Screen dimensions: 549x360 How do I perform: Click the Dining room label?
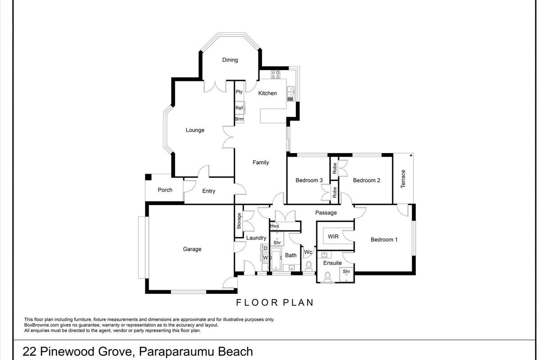(230, 60)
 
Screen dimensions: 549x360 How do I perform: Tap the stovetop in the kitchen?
(276, 74)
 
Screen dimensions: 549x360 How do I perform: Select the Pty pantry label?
(239, 92)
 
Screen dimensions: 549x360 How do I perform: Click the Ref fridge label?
(239, 108)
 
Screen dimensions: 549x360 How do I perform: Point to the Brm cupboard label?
(239, 119)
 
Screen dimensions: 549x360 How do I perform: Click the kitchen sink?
(290, 94)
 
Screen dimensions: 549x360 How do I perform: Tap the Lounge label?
(195, 130)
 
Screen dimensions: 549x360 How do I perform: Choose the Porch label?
(165, 190)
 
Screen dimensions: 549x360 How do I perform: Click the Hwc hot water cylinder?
(275, 226)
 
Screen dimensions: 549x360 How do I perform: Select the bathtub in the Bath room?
(276, 260)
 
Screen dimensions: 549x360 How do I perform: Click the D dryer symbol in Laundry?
(265, 248)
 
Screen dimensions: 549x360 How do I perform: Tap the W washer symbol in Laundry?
(265, 258)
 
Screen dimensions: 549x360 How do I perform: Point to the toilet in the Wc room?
(309, 266)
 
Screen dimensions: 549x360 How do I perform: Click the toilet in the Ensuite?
(327, 277)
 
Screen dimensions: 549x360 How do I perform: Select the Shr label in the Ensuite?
(346, 271)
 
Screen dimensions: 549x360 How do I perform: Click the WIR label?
(333, 237)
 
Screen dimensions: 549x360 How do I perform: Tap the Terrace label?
(403, 179)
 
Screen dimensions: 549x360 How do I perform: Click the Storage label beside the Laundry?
(239, 221)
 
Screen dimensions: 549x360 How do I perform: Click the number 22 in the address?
(30, 351)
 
